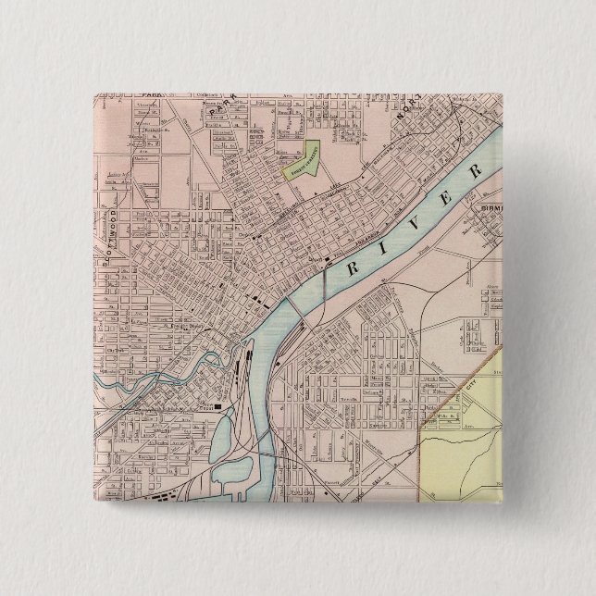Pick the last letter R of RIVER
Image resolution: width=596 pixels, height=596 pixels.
[x=476, y=173]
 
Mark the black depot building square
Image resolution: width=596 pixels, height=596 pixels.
[x=218, y=405]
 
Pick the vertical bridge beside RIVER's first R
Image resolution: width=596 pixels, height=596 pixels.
[x=329, y=279]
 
